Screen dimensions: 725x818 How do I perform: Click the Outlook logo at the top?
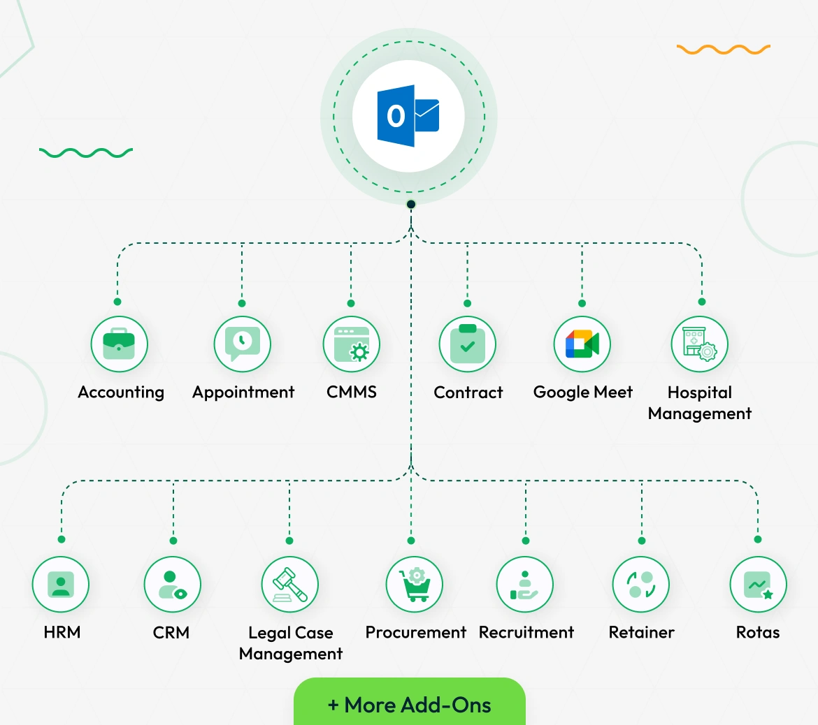pos(408,116)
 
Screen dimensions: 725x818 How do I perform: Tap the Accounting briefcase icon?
pos(119,344)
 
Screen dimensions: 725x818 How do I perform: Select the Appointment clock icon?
pos(242,344)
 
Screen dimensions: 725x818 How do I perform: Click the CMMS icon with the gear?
pos(351,344)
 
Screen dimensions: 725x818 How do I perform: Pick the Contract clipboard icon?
pos(467,344)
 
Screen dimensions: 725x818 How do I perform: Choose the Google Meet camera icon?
pos(582,344)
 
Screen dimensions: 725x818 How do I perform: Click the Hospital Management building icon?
pos(699,344)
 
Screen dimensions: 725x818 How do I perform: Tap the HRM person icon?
pos(61,585)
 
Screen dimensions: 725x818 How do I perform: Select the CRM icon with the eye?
pos(172,585)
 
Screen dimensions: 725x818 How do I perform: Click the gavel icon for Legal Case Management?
pos(289,585)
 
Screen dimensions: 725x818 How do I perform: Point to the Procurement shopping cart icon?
pos(414,585)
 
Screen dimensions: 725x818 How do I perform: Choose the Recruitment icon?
pos(524,585)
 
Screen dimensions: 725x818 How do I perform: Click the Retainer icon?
pos(640,585)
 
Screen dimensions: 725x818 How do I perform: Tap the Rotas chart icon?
pos(758,585)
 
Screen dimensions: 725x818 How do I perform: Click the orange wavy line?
pos(723,50)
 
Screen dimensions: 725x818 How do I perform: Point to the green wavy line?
pos(86,153)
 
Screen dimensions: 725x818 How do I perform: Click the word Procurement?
pos(415,633)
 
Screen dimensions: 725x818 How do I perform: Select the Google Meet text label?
pos(582,393)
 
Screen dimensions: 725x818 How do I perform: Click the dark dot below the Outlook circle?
pos(411,204)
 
